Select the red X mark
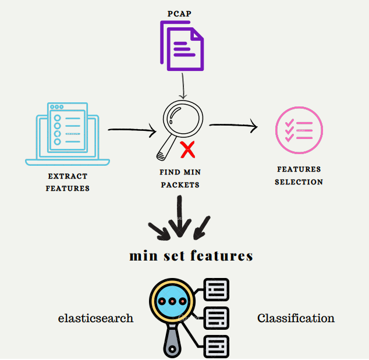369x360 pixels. tap(187, 149)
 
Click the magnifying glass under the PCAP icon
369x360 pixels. tap(181, 120)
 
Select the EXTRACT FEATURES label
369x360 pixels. tap(68, 182)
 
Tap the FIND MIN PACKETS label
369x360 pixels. tap(179, 179)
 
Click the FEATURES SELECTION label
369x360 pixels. tap(299, 176)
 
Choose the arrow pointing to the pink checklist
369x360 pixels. tap(233, 125)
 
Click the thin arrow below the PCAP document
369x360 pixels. tap(183, 87)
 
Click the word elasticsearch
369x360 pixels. tap(95, 318)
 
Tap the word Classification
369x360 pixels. tap(296, 318)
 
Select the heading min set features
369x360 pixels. tap(191, 256)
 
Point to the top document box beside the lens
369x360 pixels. tap(217, 289)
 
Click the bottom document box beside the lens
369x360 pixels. tap(217, 346)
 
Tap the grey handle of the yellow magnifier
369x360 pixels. tap(170, 343)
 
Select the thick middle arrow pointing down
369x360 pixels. tap(179, 218)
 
